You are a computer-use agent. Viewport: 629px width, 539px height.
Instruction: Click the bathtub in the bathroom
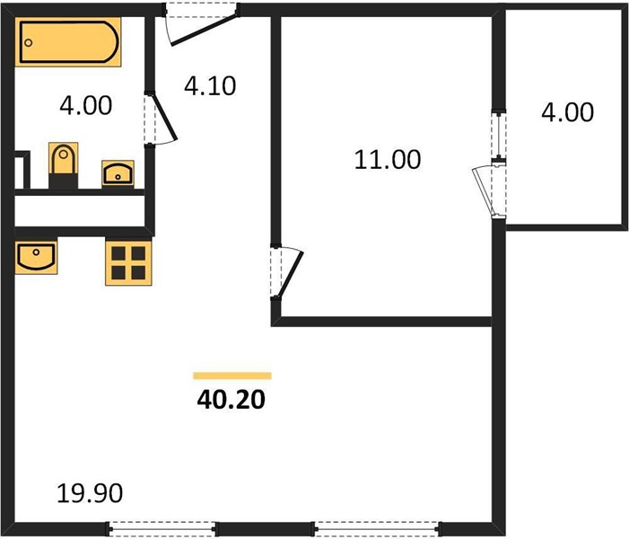pyautogui.click(x=68, y=41)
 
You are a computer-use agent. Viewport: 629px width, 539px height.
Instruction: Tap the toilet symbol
pyautogui.click(x=63, y=164)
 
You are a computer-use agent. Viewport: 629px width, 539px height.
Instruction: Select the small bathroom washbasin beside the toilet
pyautogui.click(x=118, y=173)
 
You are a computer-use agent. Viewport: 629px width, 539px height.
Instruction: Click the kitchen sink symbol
pyautogui.click(x=36, y=256)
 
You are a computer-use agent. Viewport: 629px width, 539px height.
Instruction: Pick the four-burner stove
pyautogui.click(x=128, y=263)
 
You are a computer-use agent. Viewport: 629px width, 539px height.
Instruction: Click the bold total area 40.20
pyautogui.click(x=232, y=400)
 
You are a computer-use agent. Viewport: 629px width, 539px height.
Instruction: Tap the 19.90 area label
pyautogui.click(x=90, y=493)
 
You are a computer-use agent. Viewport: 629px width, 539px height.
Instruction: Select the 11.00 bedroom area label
pyautogui.click(x=388, y=159)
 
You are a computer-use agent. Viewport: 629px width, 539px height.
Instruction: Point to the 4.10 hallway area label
pyautogui.click(x=210, y=86)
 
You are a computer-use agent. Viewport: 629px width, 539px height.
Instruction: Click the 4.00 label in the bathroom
pyautogui.click(x=86, y=106)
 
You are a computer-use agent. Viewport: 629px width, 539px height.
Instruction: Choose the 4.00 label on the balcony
pyautogui.click(x=568, y=112)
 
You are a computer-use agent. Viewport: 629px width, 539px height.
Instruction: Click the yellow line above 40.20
pyautogui.click(x=232, y=376)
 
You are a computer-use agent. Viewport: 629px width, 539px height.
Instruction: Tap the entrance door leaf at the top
pyautogui.click(x=205, y=31)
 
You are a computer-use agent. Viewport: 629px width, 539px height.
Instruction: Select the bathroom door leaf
pyautogui.click(x=164, y=118)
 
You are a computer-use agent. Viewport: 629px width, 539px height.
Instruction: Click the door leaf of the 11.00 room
pyautogui.click(x=292, y=274)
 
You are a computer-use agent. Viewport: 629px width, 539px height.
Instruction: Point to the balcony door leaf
pyautogui.click(x=483, y=191)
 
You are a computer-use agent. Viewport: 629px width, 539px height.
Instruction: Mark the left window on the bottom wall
pyautogui.click(x=162, y=528)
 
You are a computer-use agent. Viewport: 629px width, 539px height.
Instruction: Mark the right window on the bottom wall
pyautogui.click(x=376, y=528)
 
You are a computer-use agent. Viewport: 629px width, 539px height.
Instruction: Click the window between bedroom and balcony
pyautogui.click(x=499, y=136)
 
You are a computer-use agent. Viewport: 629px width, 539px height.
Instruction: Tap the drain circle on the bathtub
pyautogui.click(x=28, y=42)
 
